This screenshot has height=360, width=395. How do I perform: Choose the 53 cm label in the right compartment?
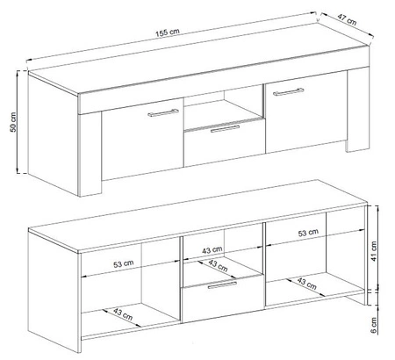tap(308, 234)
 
